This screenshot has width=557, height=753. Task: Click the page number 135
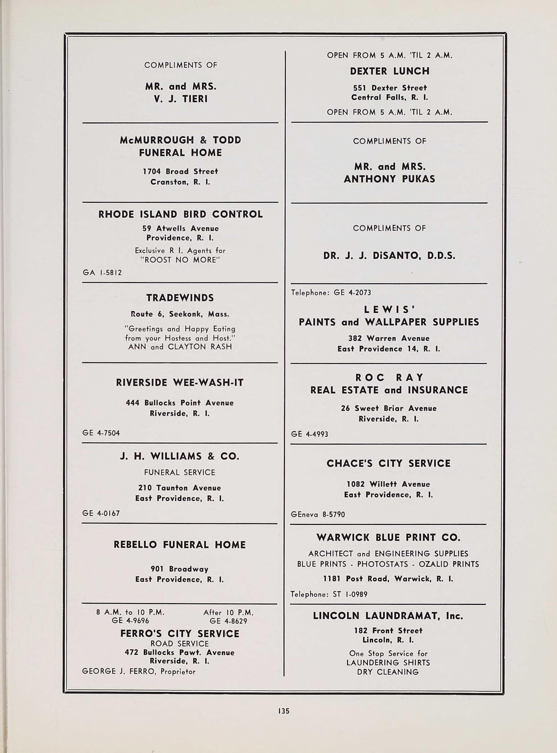[284, 711]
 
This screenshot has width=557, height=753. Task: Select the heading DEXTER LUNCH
[389, 71]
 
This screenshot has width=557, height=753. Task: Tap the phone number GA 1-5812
[102, 273]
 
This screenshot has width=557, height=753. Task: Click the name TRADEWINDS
[180, 298]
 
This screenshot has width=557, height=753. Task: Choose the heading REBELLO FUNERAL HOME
[180, 545]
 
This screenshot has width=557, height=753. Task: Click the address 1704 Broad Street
[180, 171]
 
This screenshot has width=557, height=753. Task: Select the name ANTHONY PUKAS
[389, 179]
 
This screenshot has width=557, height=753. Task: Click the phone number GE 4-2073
[352, 293]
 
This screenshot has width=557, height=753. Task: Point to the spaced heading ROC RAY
[389, 377]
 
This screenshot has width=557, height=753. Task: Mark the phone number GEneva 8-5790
[318, 515]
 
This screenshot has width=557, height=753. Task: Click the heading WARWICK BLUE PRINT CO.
[388, 538]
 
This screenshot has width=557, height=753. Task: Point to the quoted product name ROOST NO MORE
[180, 260]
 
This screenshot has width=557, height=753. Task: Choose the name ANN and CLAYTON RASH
[180, 347]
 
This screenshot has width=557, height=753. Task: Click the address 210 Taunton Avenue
[179, 488]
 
